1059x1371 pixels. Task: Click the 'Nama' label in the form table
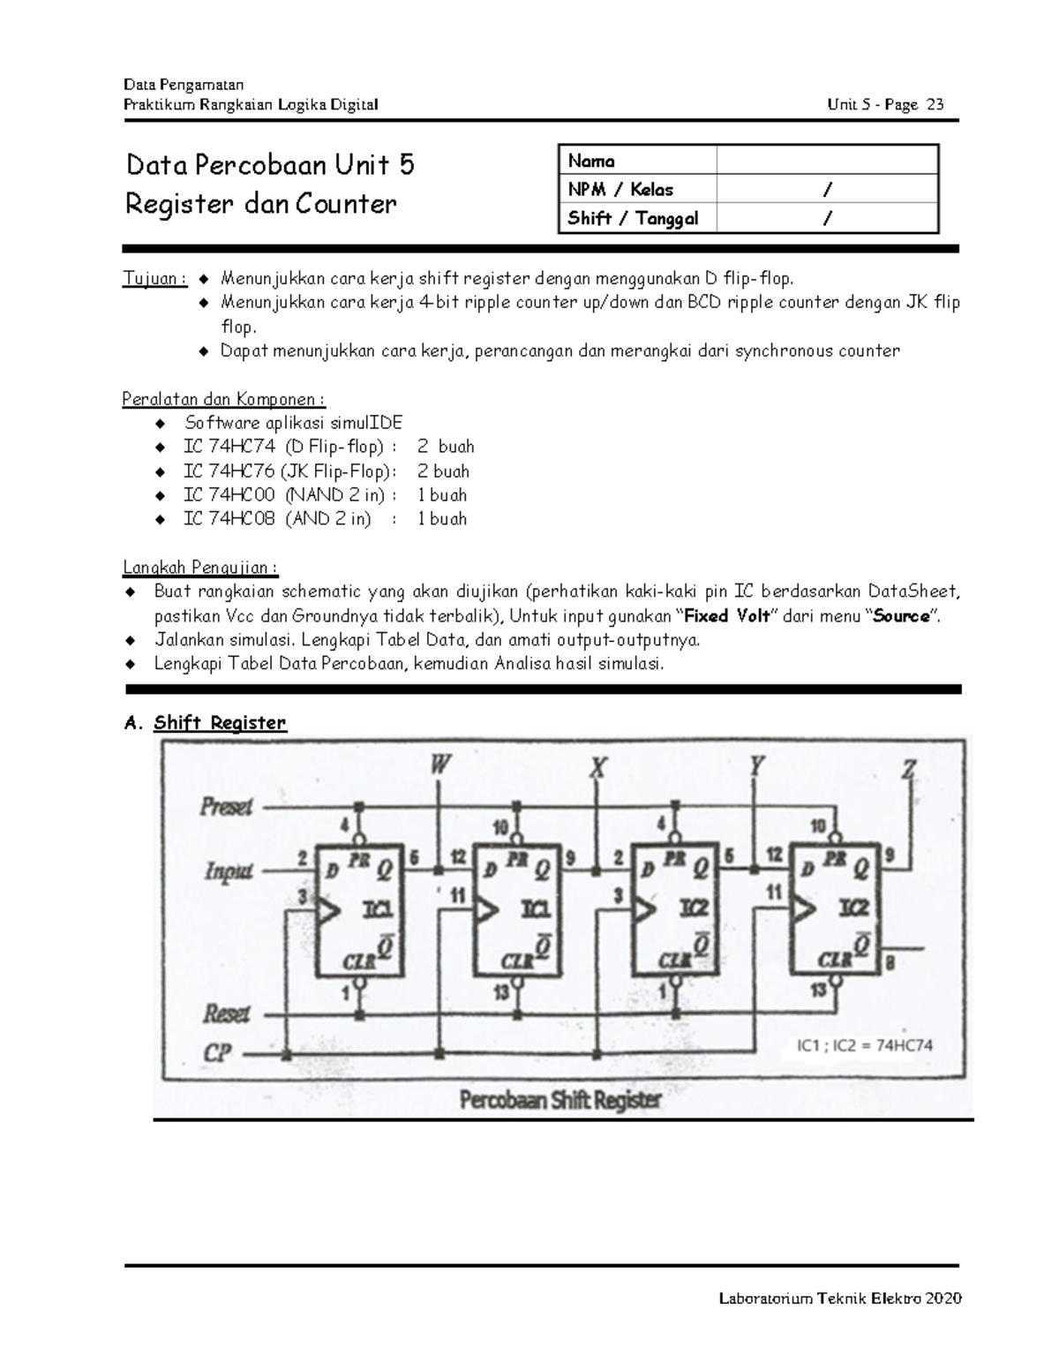pos(591,161)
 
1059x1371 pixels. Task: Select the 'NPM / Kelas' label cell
pos(620,190)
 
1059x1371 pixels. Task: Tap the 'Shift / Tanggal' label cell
pos(633,218)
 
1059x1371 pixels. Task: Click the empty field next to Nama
pos(826,161)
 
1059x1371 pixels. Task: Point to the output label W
pos(439,765)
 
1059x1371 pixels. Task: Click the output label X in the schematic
pos(598,768)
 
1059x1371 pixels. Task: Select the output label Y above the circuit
pos(755,765)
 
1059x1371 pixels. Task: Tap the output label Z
pos(909,771)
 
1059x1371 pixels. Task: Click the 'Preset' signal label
pos(226,806)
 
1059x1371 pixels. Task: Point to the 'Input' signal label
pos(229,871)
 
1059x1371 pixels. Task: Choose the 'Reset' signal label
pos(227,1013)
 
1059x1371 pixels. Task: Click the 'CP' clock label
pos(217,1053)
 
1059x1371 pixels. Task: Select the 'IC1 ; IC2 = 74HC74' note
pos(864,1045)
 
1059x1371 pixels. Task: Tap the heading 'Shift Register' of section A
pos(220,723)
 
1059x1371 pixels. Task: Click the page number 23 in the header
pos(935,105)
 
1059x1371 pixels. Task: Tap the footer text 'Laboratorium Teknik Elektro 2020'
pos(840,1298)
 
